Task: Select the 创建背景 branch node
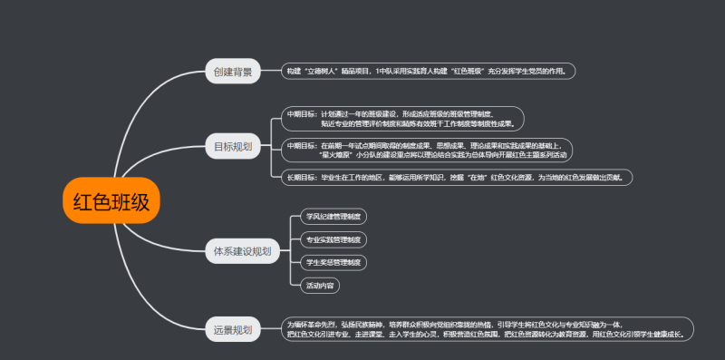tap(233, 71)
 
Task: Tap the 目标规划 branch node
tap(233, 146)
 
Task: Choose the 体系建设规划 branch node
tap(242, 251)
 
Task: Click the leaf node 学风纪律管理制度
tap(333, 217)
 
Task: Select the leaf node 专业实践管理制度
tap(333, 239)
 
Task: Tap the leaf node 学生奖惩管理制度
tap(333, 262)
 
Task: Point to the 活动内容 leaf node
tap(319, 285)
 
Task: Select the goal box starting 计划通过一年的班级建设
tap(403, 119)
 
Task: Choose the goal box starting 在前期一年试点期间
tap(426, 150)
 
